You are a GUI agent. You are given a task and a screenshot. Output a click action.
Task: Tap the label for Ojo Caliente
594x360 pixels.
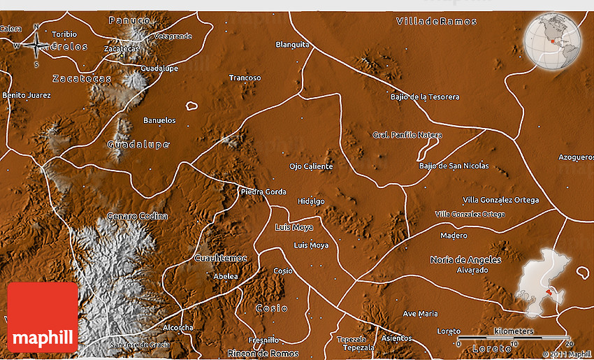point(311,166)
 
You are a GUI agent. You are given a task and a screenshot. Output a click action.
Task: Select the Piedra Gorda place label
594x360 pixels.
point(263,192)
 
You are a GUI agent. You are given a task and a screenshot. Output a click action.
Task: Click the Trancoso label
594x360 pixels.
point(245,78)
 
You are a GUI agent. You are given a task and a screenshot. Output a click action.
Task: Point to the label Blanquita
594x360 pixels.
point(292,44)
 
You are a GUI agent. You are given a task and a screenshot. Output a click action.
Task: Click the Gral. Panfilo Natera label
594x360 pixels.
point(407,134)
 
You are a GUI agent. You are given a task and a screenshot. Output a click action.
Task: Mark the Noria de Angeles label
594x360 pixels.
point(465,259)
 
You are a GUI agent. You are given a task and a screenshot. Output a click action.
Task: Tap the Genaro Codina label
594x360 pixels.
point(137,216)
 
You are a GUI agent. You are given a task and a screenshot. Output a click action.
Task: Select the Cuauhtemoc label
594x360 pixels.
point(220,258)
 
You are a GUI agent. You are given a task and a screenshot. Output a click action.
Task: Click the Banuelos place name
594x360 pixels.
point(159,120)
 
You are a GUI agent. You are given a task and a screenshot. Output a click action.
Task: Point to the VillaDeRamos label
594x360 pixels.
point(437,22)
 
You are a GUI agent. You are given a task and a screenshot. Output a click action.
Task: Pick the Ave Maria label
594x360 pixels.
point(420,314)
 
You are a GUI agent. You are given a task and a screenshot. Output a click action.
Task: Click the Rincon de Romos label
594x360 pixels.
point(263,354)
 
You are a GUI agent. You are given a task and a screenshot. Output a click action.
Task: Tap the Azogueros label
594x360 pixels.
point(576,157)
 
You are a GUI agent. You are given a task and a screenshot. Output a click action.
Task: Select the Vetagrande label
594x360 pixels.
point(173,36)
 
